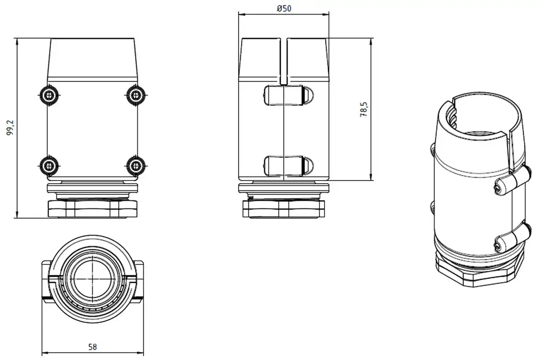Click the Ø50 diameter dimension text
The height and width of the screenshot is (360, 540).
coord(283,9)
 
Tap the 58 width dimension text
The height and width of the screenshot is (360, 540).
coord(93,347)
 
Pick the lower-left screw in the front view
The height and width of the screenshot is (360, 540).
coord(49,165)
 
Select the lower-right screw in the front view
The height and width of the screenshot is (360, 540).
coord(135,165)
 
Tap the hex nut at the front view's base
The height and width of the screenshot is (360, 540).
coord(93,209)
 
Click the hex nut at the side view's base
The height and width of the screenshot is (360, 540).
coord(284,209)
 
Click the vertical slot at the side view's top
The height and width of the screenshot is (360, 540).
coord(283,61)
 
